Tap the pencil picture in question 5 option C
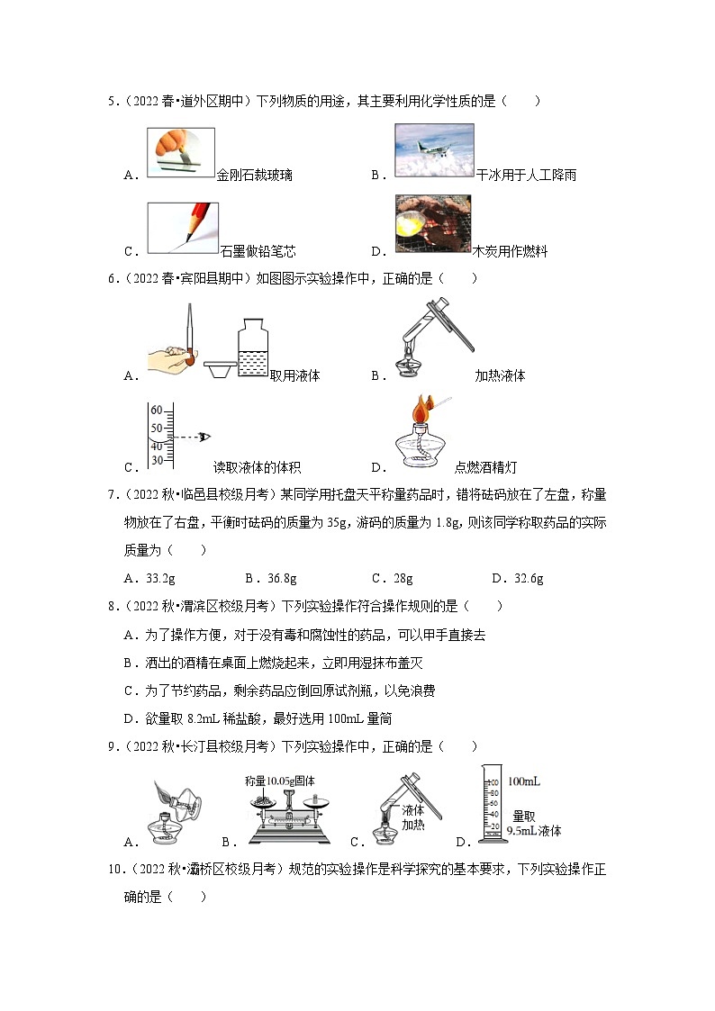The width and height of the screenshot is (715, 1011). pyautogui.click(x=183, y=226)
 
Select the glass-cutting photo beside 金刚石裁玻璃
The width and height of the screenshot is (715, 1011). pyautogui.click(x=180, y=152)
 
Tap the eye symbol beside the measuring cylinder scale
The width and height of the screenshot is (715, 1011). pyautogui.click(x=204, y=438)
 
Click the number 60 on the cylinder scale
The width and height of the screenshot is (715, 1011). pyautogui.click(x=156, y=410)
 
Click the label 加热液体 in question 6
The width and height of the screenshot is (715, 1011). pyautogui.click(x=500, y=376)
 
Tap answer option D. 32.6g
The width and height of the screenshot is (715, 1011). pyautogui.click(x=517, y=578)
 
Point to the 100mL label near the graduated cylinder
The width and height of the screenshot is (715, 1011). pyautogui.click(x=523, y=781)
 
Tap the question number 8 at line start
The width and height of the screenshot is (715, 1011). pyautogui.click(x=112, y=606)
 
